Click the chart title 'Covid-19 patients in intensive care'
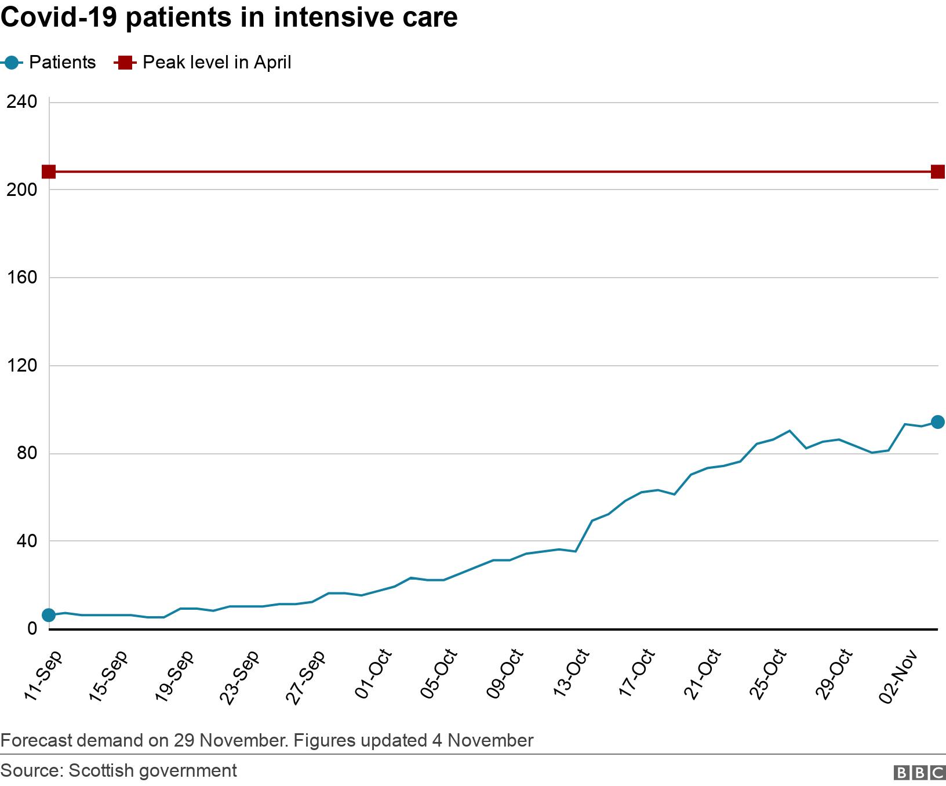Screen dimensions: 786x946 tap(229, 17)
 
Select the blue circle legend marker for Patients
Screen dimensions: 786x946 tap(11, 63)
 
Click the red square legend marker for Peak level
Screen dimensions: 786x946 tap(125, 63)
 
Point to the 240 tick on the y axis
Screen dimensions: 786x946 tap(21, 102)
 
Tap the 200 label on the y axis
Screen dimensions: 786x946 tap(21, 190)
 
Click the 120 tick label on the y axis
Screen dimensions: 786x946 tap(21, 366)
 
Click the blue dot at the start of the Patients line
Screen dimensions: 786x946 tap(49, 615)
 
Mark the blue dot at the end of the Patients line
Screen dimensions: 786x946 tap(937, 422)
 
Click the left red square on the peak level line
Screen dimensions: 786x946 tap(49, 172)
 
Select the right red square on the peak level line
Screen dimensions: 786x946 tap(937, 172)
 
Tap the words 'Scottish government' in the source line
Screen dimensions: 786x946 tap(152, 770)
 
